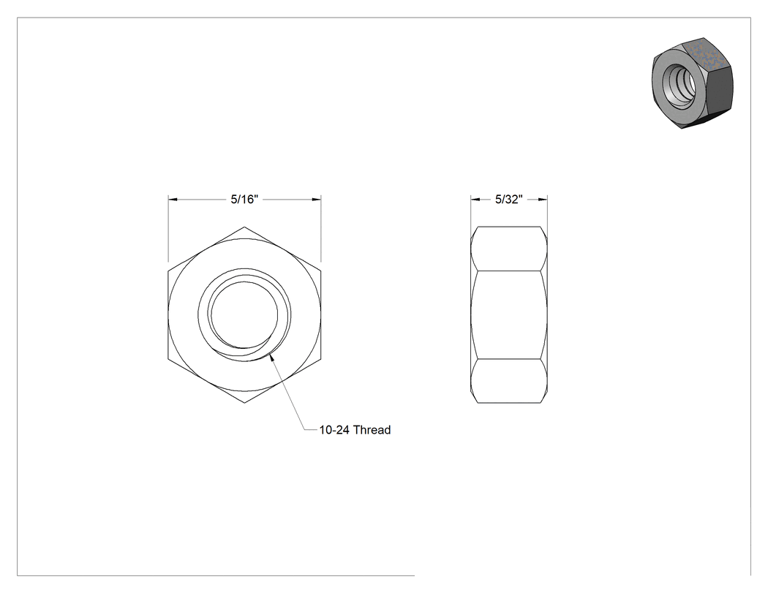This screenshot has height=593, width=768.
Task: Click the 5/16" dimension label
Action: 244,200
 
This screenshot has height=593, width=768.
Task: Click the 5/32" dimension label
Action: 509,200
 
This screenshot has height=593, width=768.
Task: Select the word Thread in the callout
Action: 372,430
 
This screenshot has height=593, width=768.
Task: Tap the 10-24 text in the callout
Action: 335,430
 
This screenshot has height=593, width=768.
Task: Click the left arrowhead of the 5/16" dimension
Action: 173,200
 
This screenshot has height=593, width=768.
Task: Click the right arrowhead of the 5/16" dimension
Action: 317,200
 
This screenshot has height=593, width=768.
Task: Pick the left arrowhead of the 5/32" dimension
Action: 475,200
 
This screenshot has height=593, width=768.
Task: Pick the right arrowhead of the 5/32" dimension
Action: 543,200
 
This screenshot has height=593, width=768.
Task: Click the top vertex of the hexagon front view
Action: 244,227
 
